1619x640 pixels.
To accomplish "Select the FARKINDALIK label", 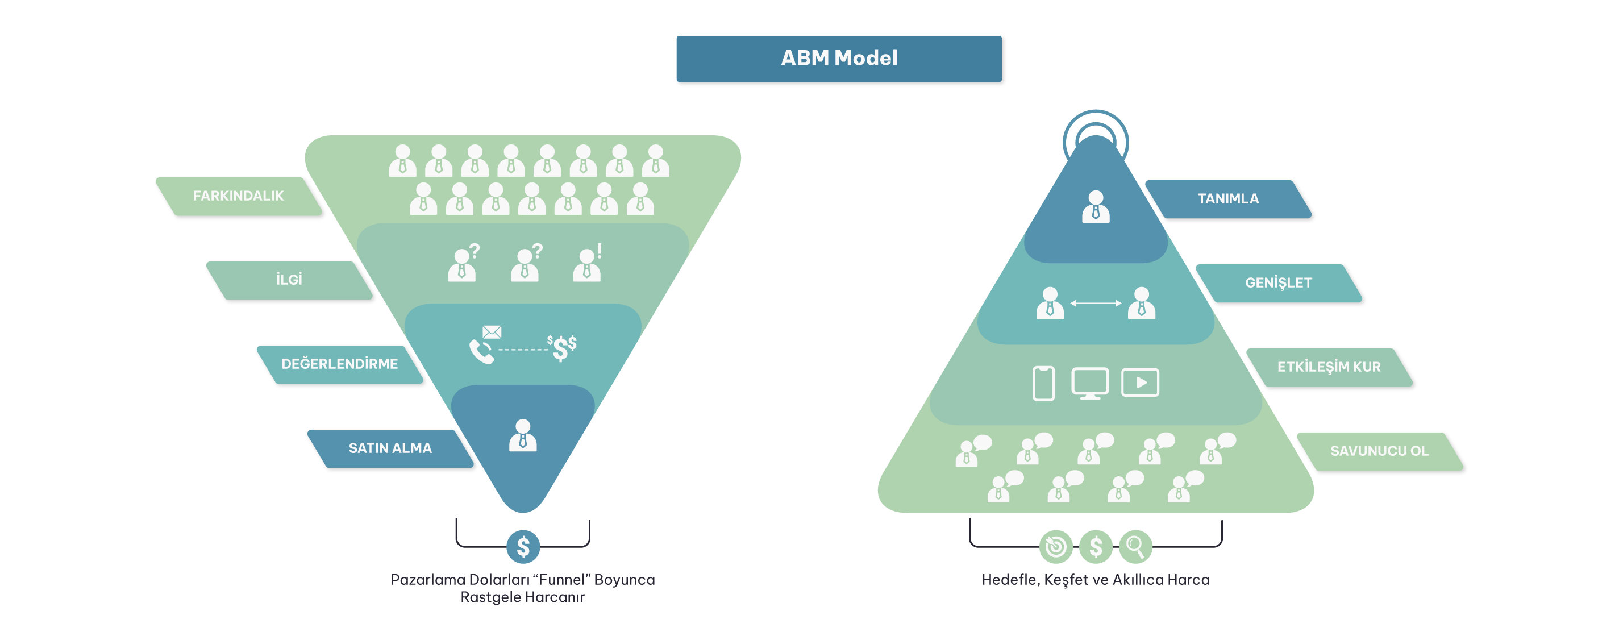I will pos(238,196).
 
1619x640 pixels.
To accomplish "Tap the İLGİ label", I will pos(289,280).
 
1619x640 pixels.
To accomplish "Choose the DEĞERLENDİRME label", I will pos(339,364).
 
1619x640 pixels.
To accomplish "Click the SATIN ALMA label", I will pos(390,448).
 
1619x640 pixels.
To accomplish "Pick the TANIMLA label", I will pos(1228,200).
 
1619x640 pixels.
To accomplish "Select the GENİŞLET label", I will pos(1279,283).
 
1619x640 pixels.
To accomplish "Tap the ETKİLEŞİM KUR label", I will pos(1329,367).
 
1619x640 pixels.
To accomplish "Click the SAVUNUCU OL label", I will pos(1380,451).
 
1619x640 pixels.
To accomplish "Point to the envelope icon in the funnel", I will pos(492,332).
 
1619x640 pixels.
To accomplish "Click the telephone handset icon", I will pos(481,352).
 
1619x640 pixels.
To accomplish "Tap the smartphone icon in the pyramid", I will pos(1043,383).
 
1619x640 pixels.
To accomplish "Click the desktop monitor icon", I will pos(1090,383).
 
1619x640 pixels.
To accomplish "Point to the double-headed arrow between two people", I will pos(1096,303).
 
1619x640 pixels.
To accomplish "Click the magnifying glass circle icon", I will pos(1135,546).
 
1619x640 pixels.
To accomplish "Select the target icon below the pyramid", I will pos(1056,546).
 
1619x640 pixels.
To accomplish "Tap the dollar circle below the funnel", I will pos(523,547).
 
